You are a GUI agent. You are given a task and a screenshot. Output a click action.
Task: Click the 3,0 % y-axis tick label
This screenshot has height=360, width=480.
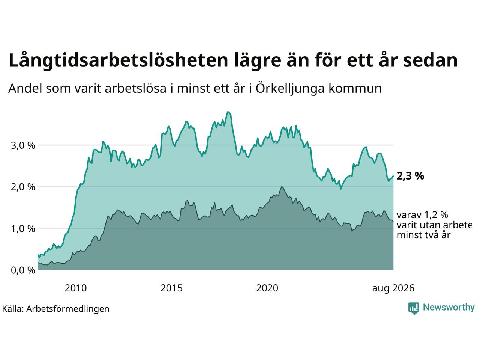pyautogui.click(x=23, y=145)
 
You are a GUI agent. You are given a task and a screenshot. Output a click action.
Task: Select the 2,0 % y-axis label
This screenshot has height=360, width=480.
pyautogui.click(x=23, y=187)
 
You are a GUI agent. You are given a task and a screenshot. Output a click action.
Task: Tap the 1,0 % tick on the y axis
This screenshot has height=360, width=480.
pyautogui.click(x=23, y=229)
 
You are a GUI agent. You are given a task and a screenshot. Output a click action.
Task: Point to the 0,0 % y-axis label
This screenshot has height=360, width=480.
pyautogui.click(x=23, y=270)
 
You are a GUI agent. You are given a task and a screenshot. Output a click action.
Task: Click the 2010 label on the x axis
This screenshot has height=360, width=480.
pyautogui.click(x=76, y=288)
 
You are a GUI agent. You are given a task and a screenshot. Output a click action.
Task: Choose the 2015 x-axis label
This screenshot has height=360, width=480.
pyautogui.click(x=171, y=288)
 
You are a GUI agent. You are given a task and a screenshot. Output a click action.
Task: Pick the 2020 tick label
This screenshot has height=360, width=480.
pyautogui.click(x=267, y=288)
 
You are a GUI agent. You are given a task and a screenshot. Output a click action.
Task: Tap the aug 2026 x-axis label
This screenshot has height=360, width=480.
pyautogui.click(x=393, y=288)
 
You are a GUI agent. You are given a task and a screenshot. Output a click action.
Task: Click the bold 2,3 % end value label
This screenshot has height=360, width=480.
pyautogui.click(x=410, y=176)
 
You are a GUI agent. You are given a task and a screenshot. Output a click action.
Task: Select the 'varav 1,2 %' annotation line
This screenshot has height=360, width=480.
pyautogui.click(x=422, y=215)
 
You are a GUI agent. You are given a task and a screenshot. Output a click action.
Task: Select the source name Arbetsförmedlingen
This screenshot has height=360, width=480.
pyautogui.click(x=68, y=309)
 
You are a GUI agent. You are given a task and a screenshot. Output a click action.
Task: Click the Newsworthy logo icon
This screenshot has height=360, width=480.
pyautogui.click(x=414, y=308)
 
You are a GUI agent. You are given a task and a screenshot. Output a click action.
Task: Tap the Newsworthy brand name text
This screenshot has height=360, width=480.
pyautogui.click(x=449, y=307)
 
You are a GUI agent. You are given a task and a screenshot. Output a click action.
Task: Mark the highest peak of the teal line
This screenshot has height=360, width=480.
pyautogui.click(x=228, y=112)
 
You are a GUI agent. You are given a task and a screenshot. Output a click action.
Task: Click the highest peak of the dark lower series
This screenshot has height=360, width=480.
pyautogui.click(x=282, y=187)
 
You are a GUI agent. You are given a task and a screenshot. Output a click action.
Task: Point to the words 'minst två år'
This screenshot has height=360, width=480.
pyautogui.click(x=424, y=235)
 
